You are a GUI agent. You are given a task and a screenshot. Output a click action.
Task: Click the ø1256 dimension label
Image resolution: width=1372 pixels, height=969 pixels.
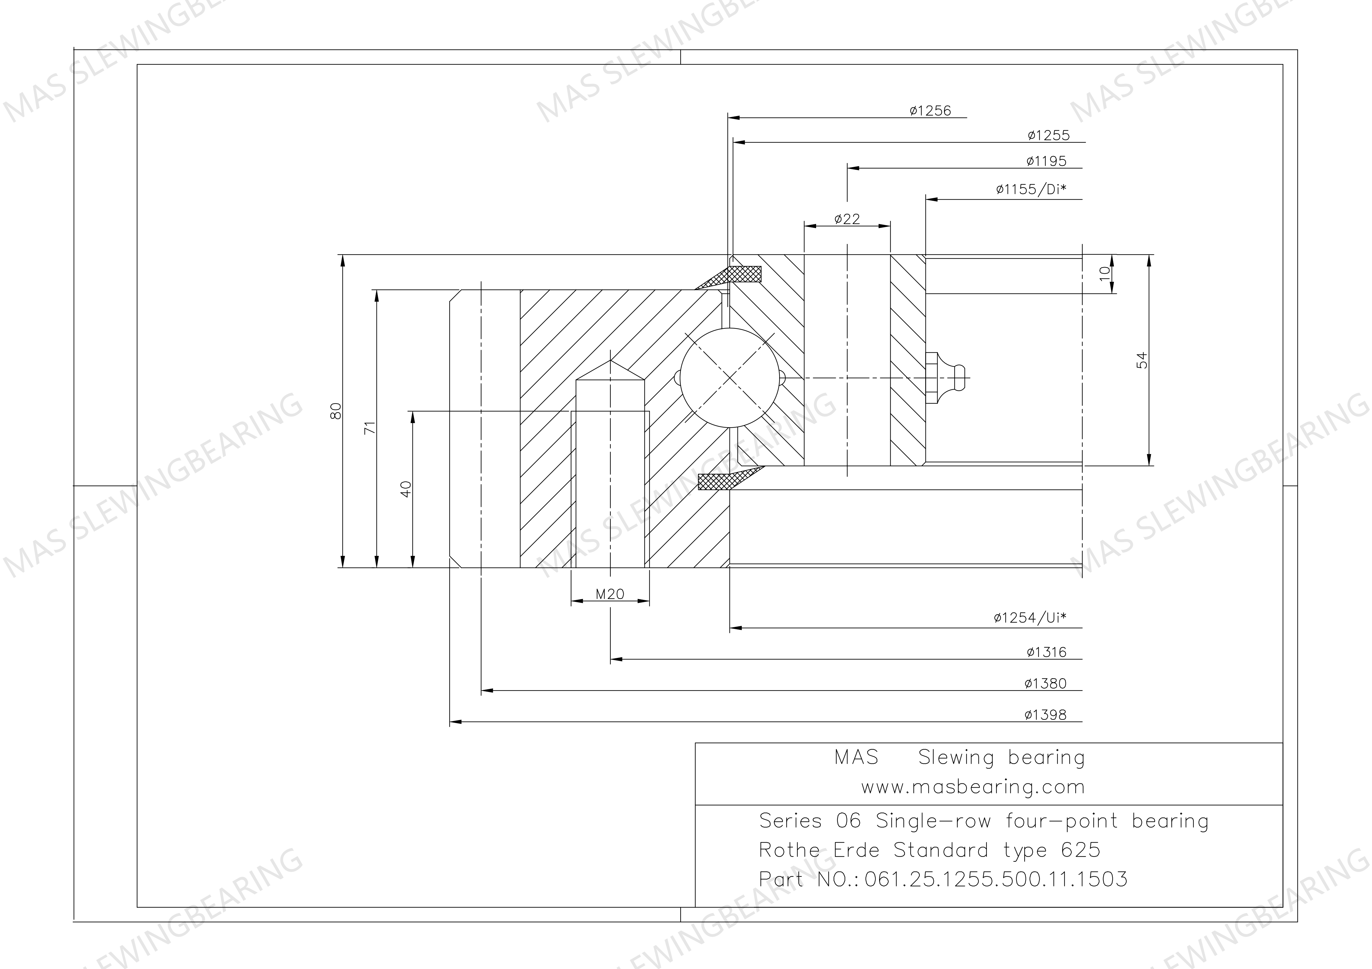[x=931, y=111]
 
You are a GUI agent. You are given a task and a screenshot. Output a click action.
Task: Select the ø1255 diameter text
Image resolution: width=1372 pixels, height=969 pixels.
[x=1049, y=136]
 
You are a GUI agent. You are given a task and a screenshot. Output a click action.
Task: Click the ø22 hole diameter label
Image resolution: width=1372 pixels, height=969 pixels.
[x=847, y=219]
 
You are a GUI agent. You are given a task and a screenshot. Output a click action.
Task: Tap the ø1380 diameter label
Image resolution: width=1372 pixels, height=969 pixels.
[x=1045, y=683]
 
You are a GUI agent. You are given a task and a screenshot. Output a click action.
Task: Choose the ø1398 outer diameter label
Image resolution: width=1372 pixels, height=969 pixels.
[x=1045, y=715]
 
